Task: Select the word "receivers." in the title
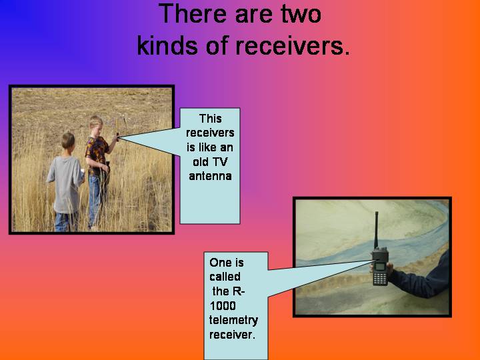(x=293, y=46)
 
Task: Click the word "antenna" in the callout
(x=210, y=176)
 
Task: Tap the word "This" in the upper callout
(x=210, y=119)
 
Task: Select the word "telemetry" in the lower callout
(x=233, y=321)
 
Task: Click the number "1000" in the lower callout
(x=223, y=305)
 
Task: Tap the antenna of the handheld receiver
(x=376, y=229)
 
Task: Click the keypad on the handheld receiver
(x=380, y=279)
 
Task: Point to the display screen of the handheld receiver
(x=380, y=266)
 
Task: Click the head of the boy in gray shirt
(x=68, y=141)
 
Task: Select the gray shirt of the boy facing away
(x=65, y=184)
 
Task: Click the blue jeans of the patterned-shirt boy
(x=97, y=199)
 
